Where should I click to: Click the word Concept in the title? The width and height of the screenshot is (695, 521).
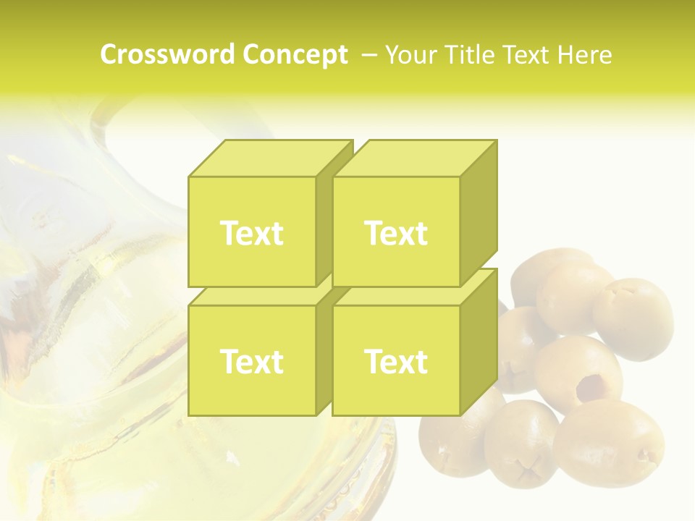(x=295, y=55)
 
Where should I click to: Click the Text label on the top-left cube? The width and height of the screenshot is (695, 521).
(x=251, y=233)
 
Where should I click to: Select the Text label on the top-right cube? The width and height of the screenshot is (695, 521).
(x=396, y=233)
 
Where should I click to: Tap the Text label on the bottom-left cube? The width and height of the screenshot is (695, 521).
(x=251, y=361)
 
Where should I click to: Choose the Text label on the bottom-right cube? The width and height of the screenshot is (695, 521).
(x=396, y=361)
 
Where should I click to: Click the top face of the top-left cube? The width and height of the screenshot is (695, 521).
(x=268, y=158)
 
